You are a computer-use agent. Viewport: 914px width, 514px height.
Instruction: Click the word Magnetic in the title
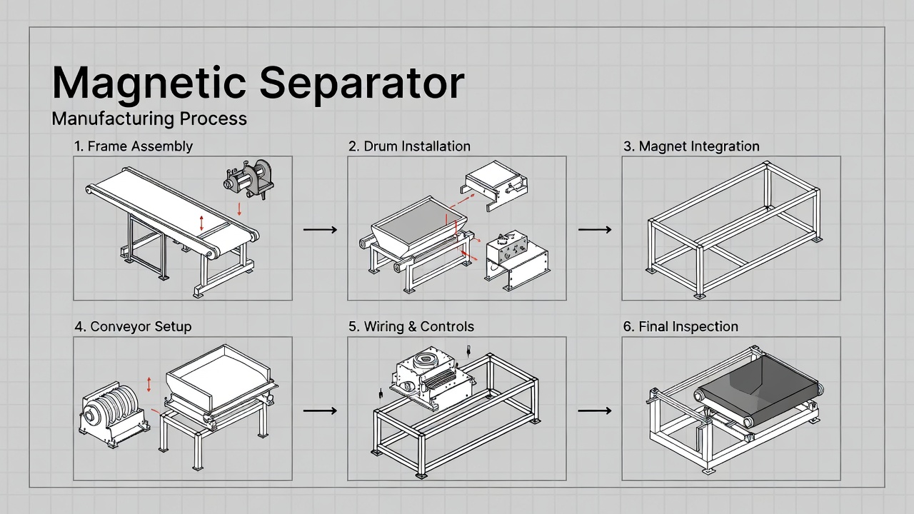pyautogui.click(x=149, y=84)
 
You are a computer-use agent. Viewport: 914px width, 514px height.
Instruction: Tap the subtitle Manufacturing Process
pyautogui.click(x=149, y=119)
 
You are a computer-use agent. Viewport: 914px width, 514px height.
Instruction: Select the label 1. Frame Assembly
pyautogui.click(x=134, y=146)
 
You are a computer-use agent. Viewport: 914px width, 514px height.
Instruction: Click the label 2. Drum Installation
pyautogui.click(x=409, y=146)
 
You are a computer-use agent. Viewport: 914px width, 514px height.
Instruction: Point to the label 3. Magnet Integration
pyautogui.click(x=691, y=146)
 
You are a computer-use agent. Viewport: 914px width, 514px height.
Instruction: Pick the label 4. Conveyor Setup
pyautogui.click(x=133, y=327)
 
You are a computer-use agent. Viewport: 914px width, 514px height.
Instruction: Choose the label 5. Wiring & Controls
pyautogui.click(x=411, y=327)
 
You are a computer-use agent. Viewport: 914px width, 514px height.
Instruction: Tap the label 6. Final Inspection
pyautogui.click(x=681, y=327)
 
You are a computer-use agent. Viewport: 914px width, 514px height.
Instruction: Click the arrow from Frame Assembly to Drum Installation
pyautogui.click(x=320, y=230)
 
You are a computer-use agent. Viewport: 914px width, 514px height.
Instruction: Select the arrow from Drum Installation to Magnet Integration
pyautogui.click(x=594, y=230)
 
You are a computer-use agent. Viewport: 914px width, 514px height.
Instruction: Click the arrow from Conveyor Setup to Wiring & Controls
pyautogui.click(x=320, y=411)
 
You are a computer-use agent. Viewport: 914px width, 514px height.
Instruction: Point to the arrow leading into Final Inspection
pyautogui.click(x=594, y=411)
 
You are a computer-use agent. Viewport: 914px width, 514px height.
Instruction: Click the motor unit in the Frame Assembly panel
pyautogui.click(x=248, y=179)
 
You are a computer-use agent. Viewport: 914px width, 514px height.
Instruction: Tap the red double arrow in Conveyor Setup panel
pyautogui.click(x=149, y=384)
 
